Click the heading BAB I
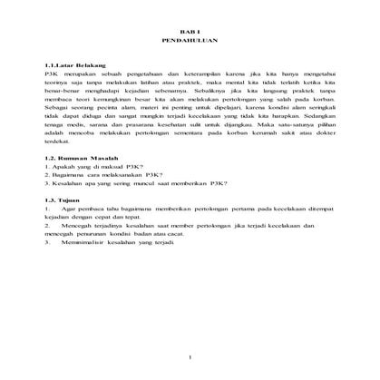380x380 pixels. point(190,30)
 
